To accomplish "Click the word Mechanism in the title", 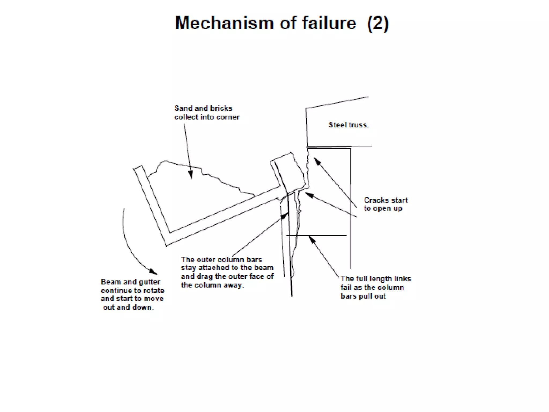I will (x=224, y=23).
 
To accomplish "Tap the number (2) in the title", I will (x=378, y=24).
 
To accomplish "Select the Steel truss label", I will (x=348, y=125).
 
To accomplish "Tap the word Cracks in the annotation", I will (x=375, y=200).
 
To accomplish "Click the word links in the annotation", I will (x=402, y=279).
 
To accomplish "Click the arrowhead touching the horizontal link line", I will (x=312, y=240).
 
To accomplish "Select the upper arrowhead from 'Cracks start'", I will (x=317, y=161).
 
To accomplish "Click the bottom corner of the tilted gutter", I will (x=167, y=245).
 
